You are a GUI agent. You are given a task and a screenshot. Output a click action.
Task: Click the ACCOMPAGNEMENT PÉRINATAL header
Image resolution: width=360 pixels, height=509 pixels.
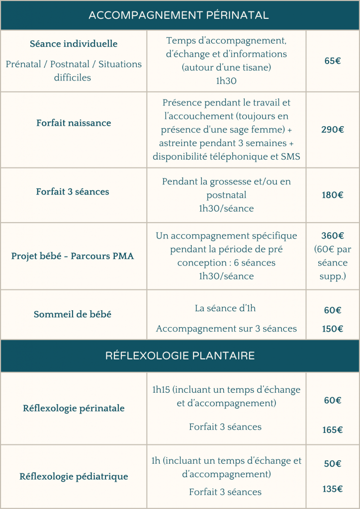179,15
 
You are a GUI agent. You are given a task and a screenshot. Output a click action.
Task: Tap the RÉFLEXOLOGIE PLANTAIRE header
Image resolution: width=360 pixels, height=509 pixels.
180,356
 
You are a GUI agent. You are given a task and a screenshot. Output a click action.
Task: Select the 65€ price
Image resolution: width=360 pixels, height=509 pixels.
333,62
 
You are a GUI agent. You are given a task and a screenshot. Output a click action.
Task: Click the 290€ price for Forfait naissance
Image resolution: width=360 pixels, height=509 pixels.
333,130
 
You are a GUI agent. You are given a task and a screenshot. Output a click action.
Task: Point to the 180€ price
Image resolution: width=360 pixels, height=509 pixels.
333,195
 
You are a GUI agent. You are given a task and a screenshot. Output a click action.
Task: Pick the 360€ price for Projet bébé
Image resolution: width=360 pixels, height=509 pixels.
333,236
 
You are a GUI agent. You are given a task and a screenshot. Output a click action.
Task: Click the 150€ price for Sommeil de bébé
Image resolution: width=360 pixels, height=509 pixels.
333,329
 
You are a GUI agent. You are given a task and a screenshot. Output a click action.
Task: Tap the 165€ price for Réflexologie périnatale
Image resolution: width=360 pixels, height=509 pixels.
333,430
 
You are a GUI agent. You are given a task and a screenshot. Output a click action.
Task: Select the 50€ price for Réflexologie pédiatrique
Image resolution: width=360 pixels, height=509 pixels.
333,464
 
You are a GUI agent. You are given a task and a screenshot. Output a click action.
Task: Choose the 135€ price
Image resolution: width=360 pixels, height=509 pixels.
333,489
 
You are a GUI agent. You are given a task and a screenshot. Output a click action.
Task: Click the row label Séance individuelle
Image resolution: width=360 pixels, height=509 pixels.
74,44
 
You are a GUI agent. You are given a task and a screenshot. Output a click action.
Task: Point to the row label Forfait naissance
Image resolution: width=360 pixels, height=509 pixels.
74,123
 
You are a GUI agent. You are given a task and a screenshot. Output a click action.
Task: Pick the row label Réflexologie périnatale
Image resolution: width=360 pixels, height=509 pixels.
74,409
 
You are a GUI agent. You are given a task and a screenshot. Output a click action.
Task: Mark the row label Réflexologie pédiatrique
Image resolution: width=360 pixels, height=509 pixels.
74,477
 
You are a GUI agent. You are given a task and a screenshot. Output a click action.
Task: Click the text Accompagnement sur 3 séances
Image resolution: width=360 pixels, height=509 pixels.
226,329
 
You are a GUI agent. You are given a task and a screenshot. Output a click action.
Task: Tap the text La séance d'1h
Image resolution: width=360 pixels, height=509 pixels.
225,308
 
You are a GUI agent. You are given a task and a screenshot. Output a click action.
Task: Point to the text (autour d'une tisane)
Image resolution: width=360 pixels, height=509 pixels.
226,67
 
